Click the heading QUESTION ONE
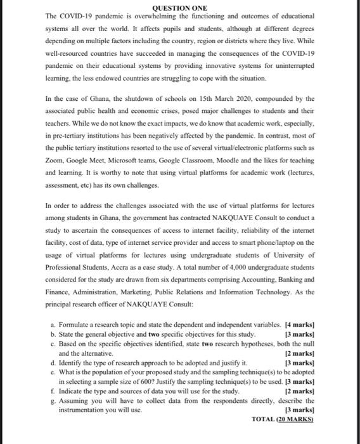tap(180, 8)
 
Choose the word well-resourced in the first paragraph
tap(71, 54)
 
